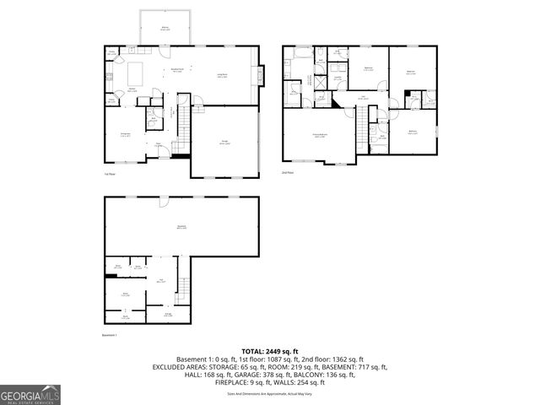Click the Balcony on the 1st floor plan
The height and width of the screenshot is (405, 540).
[x=165, y=28]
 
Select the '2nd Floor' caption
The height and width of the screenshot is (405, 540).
[x=289, y=173]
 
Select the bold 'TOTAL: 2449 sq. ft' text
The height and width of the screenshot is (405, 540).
[x=270, y=351]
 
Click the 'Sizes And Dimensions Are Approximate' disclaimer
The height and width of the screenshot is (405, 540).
[x=270, y=394]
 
